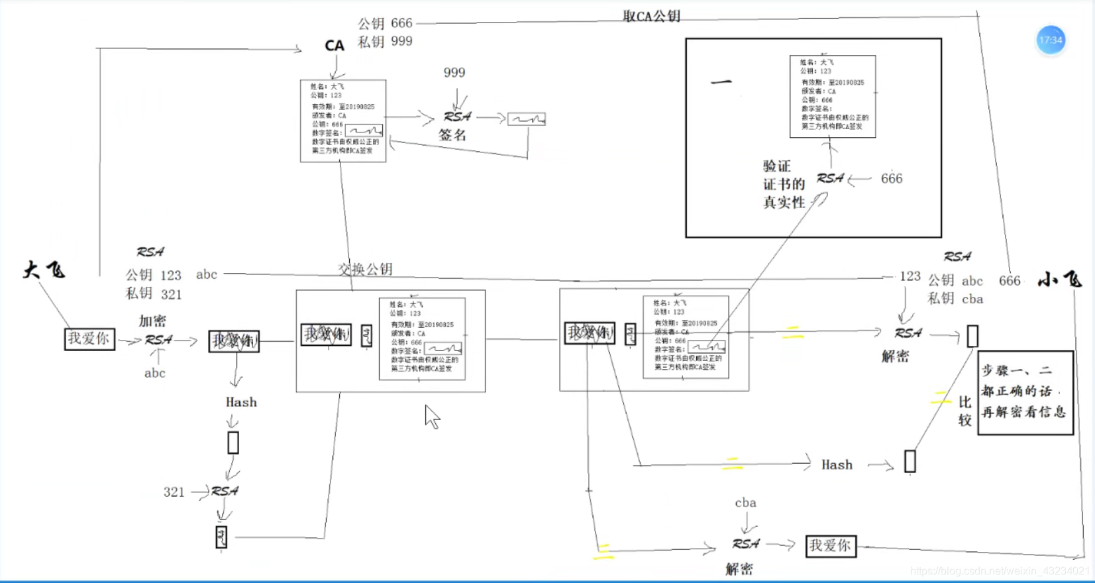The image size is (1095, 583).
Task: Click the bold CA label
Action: tap(334, 46)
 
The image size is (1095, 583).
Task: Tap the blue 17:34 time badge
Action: tap(1051, 40)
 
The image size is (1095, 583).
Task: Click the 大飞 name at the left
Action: tap(44, 270)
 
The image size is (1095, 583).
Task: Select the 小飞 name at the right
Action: tap(1059, 280)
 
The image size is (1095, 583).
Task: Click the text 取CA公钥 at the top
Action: tap(651, 16)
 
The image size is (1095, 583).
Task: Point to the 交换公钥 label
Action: tap(365, 269)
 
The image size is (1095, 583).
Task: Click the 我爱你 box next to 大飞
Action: tap(89, 339)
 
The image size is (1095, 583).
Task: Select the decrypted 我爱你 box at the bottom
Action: tap(831, 546)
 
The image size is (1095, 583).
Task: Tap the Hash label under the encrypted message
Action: tap(241, 402)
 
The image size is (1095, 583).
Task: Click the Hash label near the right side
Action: tap(837, 465)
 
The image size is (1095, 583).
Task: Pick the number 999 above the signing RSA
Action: tap(454, 73)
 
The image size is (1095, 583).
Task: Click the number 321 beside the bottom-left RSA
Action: tap(174, 492)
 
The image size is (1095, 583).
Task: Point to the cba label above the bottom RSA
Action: tap(745, 503)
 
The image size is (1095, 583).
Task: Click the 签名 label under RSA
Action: tap(452, 135)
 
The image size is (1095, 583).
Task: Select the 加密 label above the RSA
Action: tap(152, 321)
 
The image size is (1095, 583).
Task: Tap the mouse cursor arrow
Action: tap(431, 417)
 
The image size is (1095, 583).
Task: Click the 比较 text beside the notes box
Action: tap(965, 411)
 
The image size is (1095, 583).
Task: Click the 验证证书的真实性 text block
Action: tap(784, 184)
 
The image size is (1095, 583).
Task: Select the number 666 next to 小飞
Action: tap(1010, 281)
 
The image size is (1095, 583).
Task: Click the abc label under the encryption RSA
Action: tap(155, 373)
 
